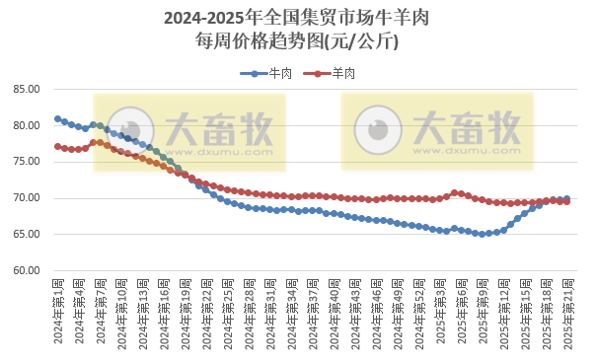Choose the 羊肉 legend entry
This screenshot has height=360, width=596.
335,73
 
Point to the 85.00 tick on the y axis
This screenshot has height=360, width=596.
27,89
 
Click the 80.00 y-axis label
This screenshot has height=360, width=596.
27,125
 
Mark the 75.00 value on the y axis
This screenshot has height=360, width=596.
27,162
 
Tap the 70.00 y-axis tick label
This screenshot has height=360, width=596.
27,198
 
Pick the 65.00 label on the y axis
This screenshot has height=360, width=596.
27,235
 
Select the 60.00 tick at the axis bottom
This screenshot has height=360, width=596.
27,270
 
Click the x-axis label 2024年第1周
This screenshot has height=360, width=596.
58,312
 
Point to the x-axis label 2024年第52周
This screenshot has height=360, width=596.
422,312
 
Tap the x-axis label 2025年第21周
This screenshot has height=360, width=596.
566,312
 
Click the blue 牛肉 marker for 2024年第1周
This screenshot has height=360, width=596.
58,118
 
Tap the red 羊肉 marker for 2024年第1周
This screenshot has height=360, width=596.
58,146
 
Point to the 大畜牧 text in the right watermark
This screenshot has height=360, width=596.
466,125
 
